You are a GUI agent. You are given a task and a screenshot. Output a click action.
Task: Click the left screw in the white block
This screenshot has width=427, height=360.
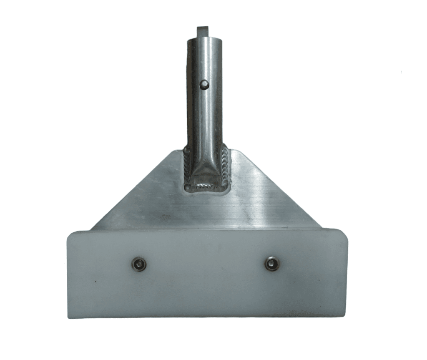[139, 264]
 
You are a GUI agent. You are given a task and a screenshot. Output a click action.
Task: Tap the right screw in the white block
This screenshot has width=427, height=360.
[272, 264]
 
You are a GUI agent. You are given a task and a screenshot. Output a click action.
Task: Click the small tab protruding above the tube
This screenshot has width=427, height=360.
[201, 31]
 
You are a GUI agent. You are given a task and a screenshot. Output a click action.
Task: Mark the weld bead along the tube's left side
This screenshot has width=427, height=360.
[187, 167]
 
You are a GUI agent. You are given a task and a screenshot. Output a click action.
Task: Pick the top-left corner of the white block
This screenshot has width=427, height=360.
[69, 234]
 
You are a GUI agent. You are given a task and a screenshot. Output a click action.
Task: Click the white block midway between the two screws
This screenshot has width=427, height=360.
[206, 264]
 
